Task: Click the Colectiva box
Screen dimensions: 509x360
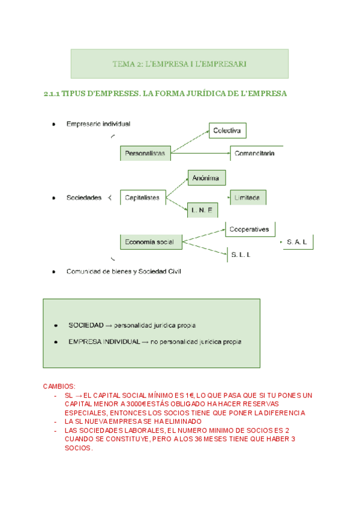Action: (x=227, y=130)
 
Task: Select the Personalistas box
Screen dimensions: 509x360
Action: (x=146, y=153)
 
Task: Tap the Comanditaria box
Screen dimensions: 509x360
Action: (x=256, y=153)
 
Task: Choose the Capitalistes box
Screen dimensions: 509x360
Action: (x=143, y=197)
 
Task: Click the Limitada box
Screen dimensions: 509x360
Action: (x=248, y=197)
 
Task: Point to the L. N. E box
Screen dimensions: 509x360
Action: (x=203, y=211)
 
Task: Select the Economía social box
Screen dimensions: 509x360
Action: (x=150, y=242)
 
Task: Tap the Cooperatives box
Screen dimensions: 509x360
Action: (x=251, y=229)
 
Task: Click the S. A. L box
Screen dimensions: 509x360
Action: (x=298, y=242)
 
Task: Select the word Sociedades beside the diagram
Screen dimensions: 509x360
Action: (x=84, y=197)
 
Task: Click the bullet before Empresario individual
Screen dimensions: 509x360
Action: (x=54, y=124)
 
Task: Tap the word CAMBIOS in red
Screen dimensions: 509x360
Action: (x=60, y=387)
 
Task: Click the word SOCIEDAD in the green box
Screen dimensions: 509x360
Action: (x=86, y=325)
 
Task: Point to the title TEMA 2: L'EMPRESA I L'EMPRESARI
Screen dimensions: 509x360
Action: (x=179, y=64)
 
